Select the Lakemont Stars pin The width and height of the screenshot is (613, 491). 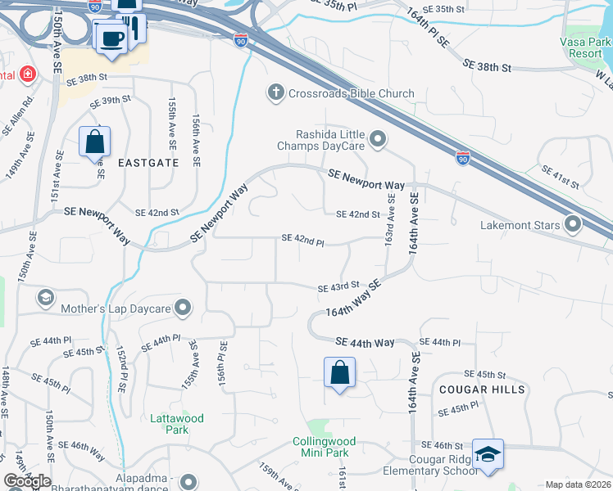[x=573, y=224]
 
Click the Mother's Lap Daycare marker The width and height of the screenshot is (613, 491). [x=183, y=309]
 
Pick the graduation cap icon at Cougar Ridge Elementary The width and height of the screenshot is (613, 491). [x=488, y=456]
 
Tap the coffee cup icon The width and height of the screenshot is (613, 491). [x=111, y=38]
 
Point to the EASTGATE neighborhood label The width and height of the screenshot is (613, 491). [x=148, y=163]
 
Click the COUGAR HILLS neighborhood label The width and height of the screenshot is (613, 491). [x=482, y=390]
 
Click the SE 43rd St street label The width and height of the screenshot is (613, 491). [x=339, y=286]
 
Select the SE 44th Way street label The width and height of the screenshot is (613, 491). [x=365, y=342]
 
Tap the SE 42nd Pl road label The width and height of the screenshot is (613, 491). [x=303, y=239]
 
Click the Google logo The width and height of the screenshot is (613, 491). [x=26, y=481]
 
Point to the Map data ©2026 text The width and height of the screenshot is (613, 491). [x=578, y=484]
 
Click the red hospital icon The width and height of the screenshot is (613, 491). [x=28, y=74]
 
